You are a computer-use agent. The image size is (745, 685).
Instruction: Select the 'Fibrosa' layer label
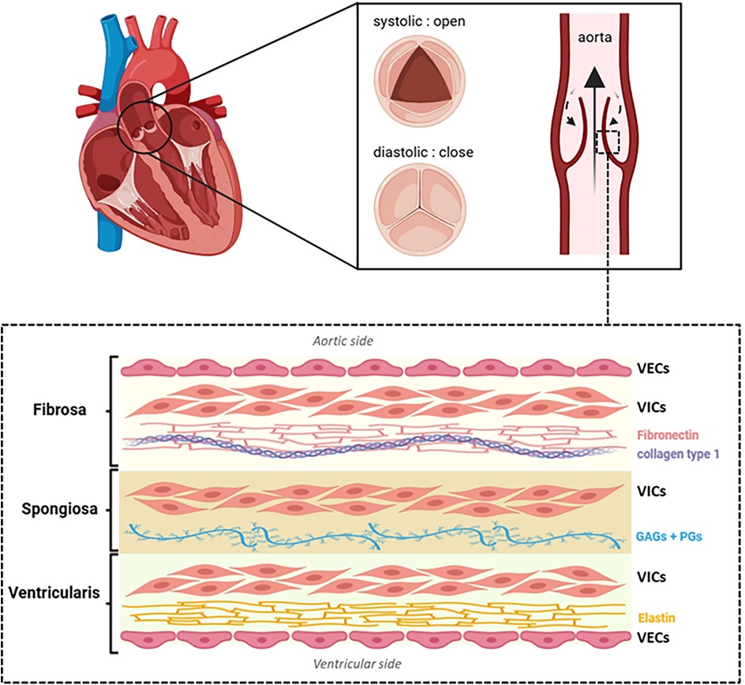point(55,410)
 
